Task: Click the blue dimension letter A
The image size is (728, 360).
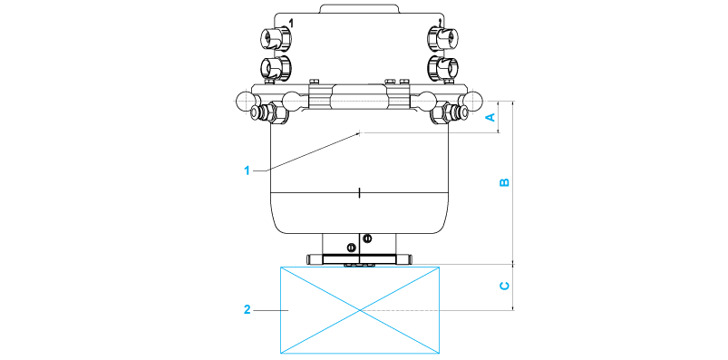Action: point(490,118)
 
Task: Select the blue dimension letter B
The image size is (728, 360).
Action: point(504,182)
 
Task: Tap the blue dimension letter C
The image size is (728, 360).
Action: point(504,286)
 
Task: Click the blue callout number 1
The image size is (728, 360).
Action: point(248,170)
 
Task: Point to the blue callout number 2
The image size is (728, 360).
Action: point(248,309)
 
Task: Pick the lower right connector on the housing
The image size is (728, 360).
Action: point(443,67)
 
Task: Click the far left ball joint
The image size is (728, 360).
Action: point(245,101)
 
